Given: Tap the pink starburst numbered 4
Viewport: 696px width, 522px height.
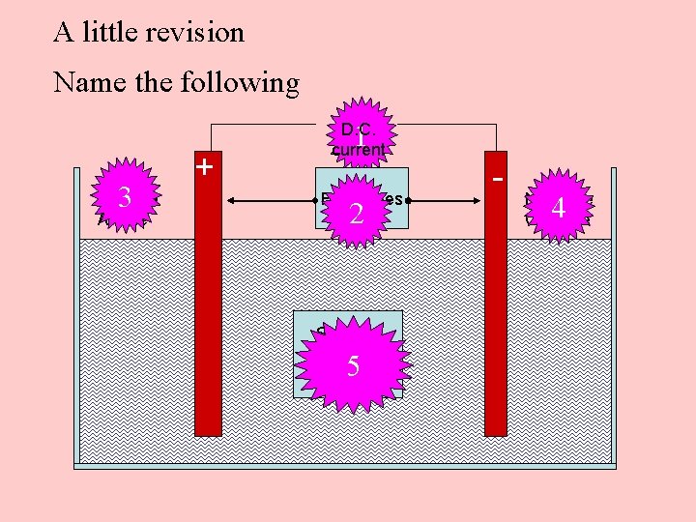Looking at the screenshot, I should (558, 206).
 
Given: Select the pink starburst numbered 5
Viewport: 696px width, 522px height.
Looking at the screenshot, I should (354, 365).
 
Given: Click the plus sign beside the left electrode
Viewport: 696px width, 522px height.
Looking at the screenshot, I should (204, 166).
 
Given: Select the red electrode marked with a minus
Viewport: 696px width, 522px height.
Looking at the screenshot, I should (496, 309).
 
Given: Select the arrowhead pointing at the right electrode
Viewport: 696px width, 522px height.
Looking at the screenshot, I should (479, 200).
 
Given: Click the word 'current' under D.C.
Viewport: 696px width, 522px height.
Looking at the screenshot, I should (359, 150).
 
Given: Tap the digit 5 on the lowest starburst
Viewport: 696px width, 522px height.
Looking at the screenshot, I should (354, 366).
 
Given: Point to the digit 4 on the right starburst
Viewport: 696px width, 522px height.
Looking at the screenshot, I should (558, 207).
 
